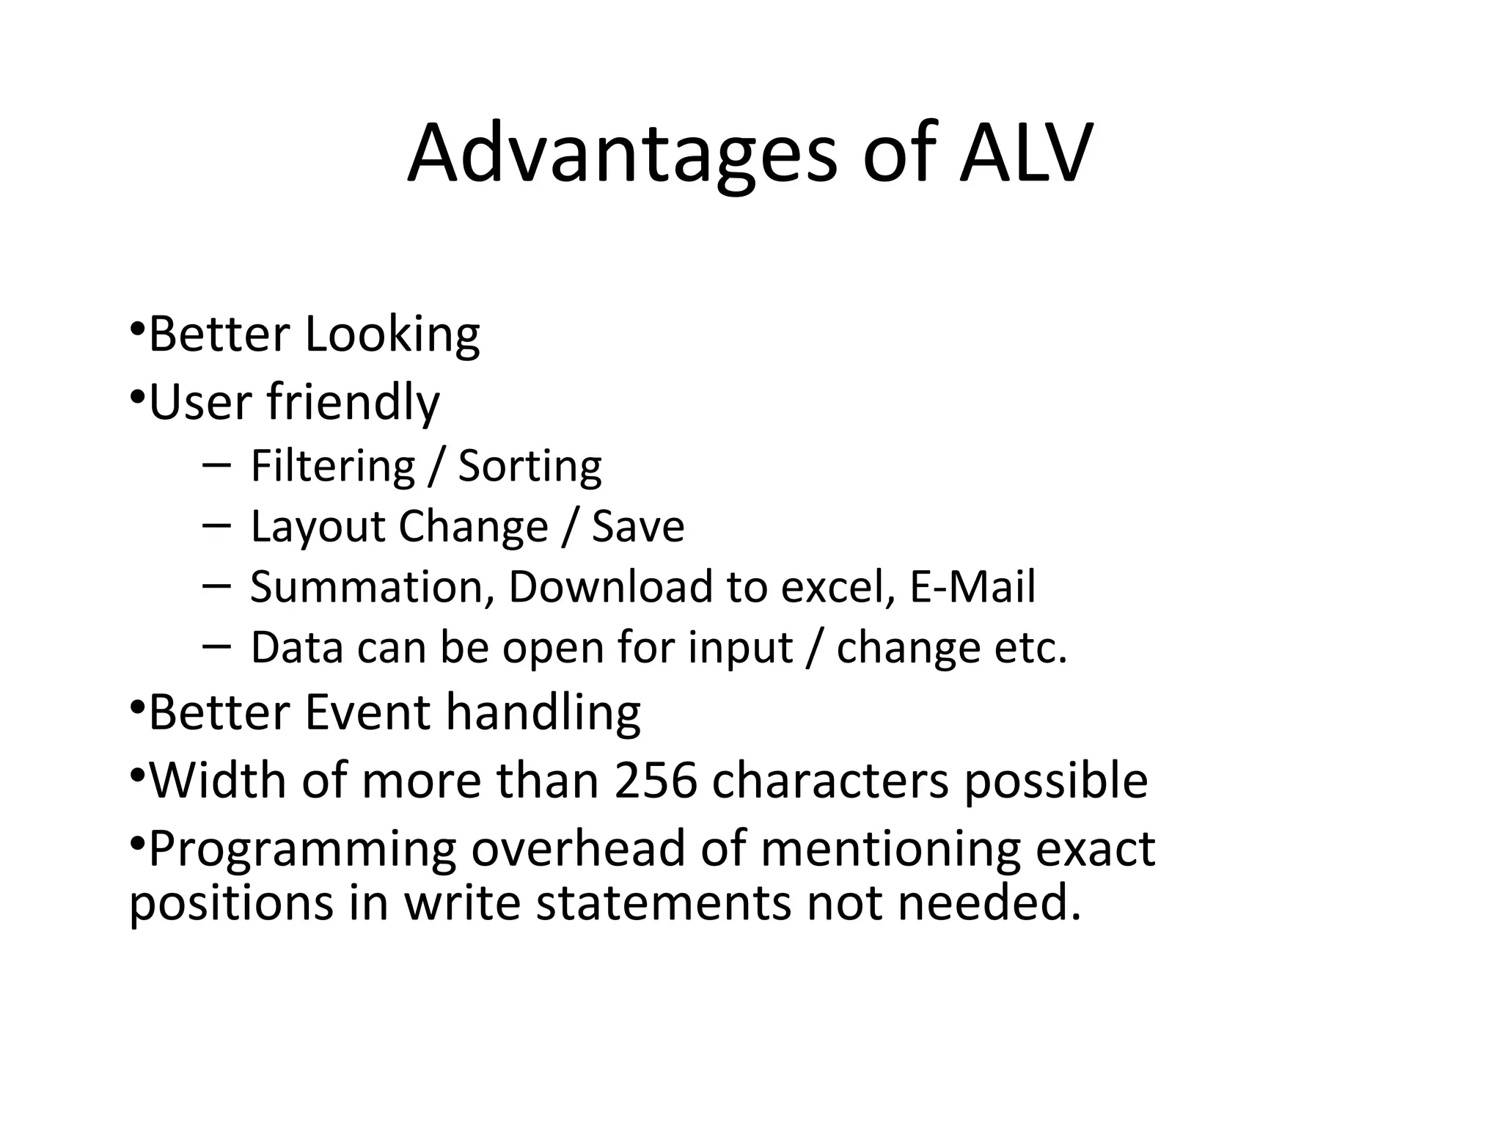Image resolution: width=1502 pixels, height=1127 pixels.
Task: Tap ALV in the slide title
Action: point(1025,154)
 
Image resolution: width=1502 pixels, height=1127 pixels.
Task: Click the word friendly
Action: point(353,403)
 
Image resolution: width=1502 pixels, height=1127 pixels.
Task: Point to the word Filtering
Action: point(333,467)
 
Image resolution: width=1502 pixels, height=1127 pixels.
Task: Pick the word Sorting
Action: point(530,467)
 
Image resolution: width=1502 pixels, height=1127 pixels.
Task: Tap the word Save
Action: point(637,527)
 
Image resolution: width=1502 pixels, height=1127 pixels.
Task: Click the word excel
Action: point(838,588)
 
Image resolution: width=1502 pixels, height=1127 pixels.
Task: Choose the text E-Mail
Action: point(972,588)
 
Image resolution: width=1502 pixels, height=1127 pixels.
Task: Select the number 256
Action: point(655,781)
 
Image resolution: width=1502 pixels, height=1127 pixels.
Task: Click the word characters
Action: point(830,781)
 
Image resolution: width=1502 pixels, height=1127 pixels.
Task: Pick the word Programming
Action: point(302,850)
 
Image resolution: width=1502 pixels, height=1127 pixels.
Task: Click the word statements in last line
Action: point(663,903)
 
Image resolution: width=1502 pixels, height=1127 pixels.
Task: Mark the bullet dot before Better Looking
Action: point(136,328)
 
